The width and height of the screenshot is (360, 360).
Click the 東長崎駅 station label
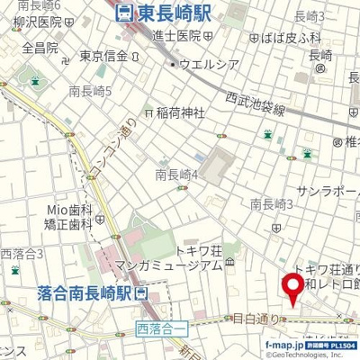pyautogui.click(x=162, y=13)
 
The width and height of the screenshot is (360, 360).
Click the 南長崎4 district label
pyautogui.click(x=176, y=174)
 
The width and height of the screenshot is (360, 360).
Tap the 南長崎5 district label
pyautogui.click(x=90, y=91)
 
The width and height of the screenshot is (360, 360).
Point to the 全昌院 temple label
pyautogui.click(x=40, y=47)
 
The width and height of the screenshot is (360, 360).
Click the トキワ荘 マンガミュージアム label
pyautogui.click(x=187, y=258)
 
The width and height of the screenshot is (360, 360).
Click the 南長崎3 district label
pyautogui.click(x=273, y=204)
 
